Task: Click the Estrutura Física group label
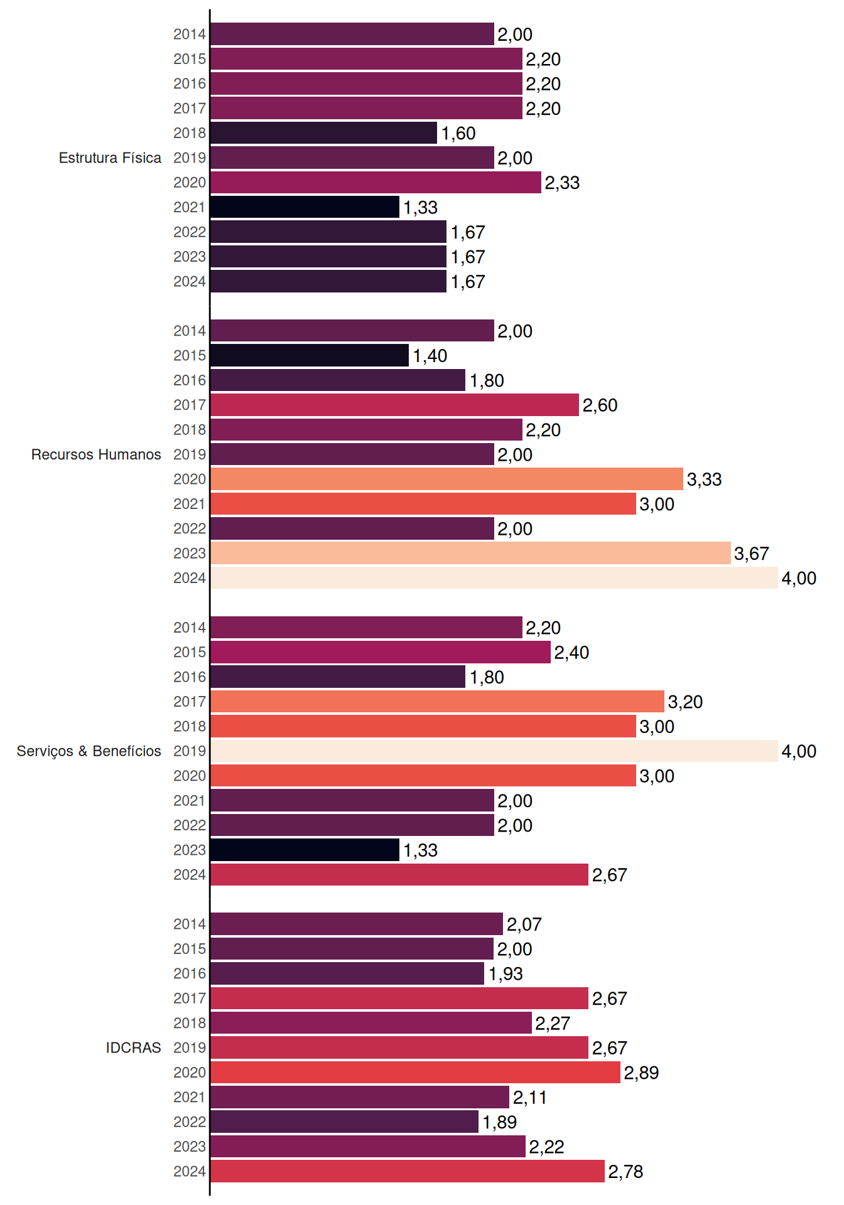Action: [110, 158]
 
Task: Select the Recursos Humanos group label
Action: [96, 454]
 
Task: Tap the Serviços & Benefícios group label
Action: [89, 751]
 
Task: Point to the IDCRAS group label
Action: [133, 1047]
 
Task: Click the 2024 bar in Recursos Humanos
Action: [494, 578]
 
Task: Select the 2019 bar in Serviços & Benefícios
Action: [494, 751]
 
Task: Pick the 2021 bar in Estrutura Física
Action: [305, 207]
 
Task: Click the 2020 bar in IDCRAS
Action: [416, 1073]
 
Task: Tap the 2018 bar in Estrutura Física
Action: [324, 133]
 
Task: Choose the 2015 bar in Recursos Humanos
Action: [310, 355]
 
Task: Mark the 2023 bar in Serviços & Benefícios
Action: [305, 850]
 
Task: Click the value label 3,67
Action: [752, 554]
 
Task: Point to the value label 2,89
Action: [641, 1073]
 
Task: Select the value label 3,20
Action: [685, 702]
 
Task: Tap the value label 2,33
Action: [562, 183]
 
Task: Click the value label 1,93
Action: [506, 973]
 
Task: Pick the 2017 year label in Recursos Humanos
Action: [190, 405]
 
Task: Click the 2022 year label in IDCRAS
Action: [190, 1122]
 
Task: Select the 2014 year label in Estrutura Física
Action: [190, 34]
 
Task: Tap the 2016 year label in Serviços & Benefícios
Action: [190, 677]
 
